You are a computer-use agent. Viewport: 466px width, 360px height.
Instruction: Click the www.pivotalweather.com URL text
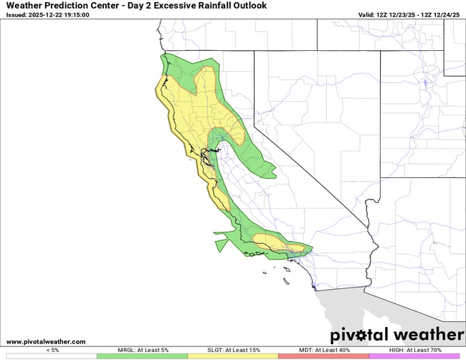point(45,342)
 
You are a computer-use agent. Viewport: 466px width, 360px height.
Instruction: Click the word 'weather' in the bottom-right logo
point(428,335)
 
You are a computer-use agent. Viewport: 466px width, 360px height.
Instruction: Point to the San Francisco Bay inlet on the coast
point(204,152)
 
